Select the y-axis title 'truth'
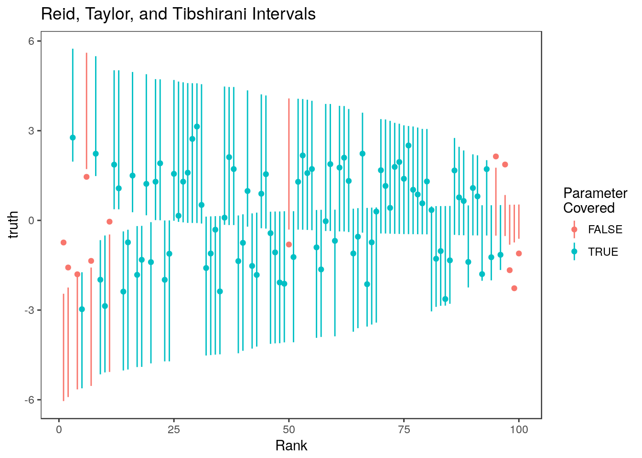coord(14,225)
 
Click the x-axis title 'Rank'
coord(291,446)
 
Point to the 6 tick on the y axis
coord(31,41)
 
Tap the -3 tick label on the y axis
coord(30,310)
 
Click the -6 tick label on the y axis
coord(30,400)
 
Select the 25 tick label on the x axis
coord(174,429)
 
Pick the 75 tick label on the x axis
coord(404,429)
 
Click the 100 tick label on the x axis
coord(519,429)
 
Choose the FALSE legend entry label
coord(605,230)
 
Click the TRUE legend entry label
coord(603,252)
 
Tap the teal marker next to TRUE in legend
coord(574,251)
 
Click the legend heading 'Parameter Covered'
coord(595,200)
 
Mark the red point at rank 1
coord(64,242)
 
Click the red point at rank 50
coord(289,244)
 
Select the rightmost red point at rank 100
coord(519,253)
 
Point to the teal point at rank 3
coord(73,137)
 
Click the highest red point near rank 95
coord(496,156)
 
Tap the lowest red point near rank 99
coord(514,288)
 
